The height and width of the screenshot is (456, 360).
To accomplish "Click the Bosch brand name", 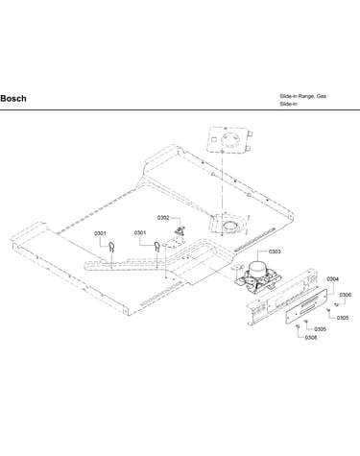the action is [13, 99].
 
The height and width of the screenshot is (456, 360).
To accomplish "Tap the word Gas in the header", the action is [322, 96].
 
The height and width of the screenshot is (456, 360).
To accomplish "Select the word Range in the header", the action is [306, 96].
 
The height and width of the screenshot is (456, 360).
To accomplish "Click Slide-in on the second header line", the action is [288, 104].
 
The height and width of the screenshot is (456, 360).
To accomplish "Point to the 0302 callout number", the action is [163, 218].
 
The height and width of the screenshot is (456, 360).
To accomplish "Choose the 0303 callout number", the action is [275, 252].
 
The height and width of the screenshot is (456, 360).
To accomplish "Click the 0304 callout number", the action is [333, 279].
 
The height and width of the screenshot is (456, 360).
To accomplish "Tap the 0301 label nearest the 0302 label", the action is [140, 233].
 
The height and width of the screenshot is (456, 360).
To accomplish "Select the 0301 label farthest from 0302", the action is [100, 233].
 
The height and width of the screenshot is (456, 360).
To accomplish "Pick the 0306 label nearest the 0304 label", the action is [346, 295].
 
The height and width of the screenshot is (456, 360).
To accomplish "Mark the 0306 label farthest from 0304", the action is [311, 338].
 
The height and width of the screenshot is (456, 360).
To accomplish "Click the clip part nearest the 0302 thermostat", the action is [156, 246].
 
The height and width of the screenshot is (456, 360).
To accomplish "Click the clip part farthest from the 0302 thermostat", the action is [111, 247].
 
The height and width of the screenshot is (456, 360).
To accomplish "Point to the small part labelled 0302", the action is [179, 229].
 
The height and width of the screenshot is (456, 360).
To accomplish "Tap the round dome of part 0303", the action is [257, 267].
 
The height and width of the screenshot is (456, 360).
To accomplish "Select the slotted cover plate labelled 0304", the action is [306, 306].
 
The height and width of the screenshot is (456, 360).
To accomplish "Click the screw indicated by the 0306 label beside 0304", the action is [336, 304].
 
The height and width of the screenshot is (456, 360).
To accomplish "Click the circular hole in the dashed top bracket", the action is [229, 139].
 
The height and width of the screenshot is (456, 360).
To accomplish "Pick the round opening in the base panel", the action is [229, 227].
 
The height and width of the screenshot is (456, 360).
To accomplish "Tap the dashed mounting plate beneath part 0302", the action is [174, 242].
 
